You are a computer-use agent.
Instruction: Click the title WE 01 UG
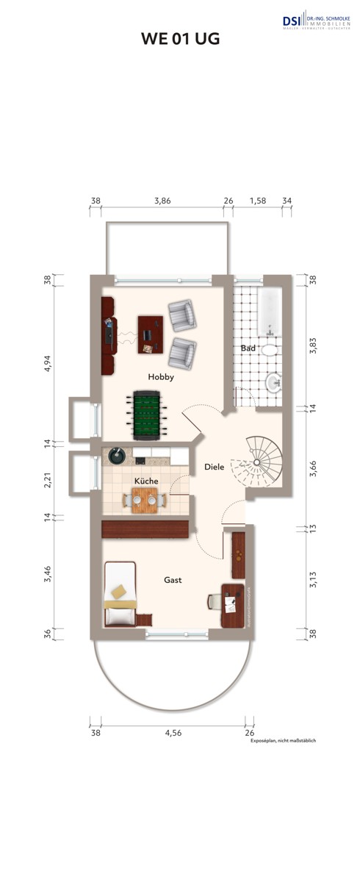pos(180,40)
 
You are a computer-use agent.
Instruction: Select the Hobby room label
pos(160,376)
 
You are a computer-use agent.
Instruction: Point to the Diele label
pos(214,467)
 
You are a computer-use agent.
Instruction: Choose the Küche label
pos(146,481)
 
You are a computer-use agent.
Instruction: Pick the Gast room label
pos(173,580)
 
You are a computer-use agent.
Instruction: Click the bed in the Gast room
pos(120,593)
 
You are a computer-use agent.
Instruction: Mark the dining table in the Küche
pos(141,501)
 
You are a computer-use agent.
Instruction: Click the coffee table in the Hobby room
pos(151,334)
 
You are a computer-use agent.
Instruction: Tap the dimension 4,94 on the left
pos(48,364)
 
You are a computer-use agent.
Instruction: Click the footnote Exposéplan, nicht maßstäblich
pos(282,741)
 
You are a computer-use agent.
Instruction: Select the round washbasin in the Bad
pos(273,381)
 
